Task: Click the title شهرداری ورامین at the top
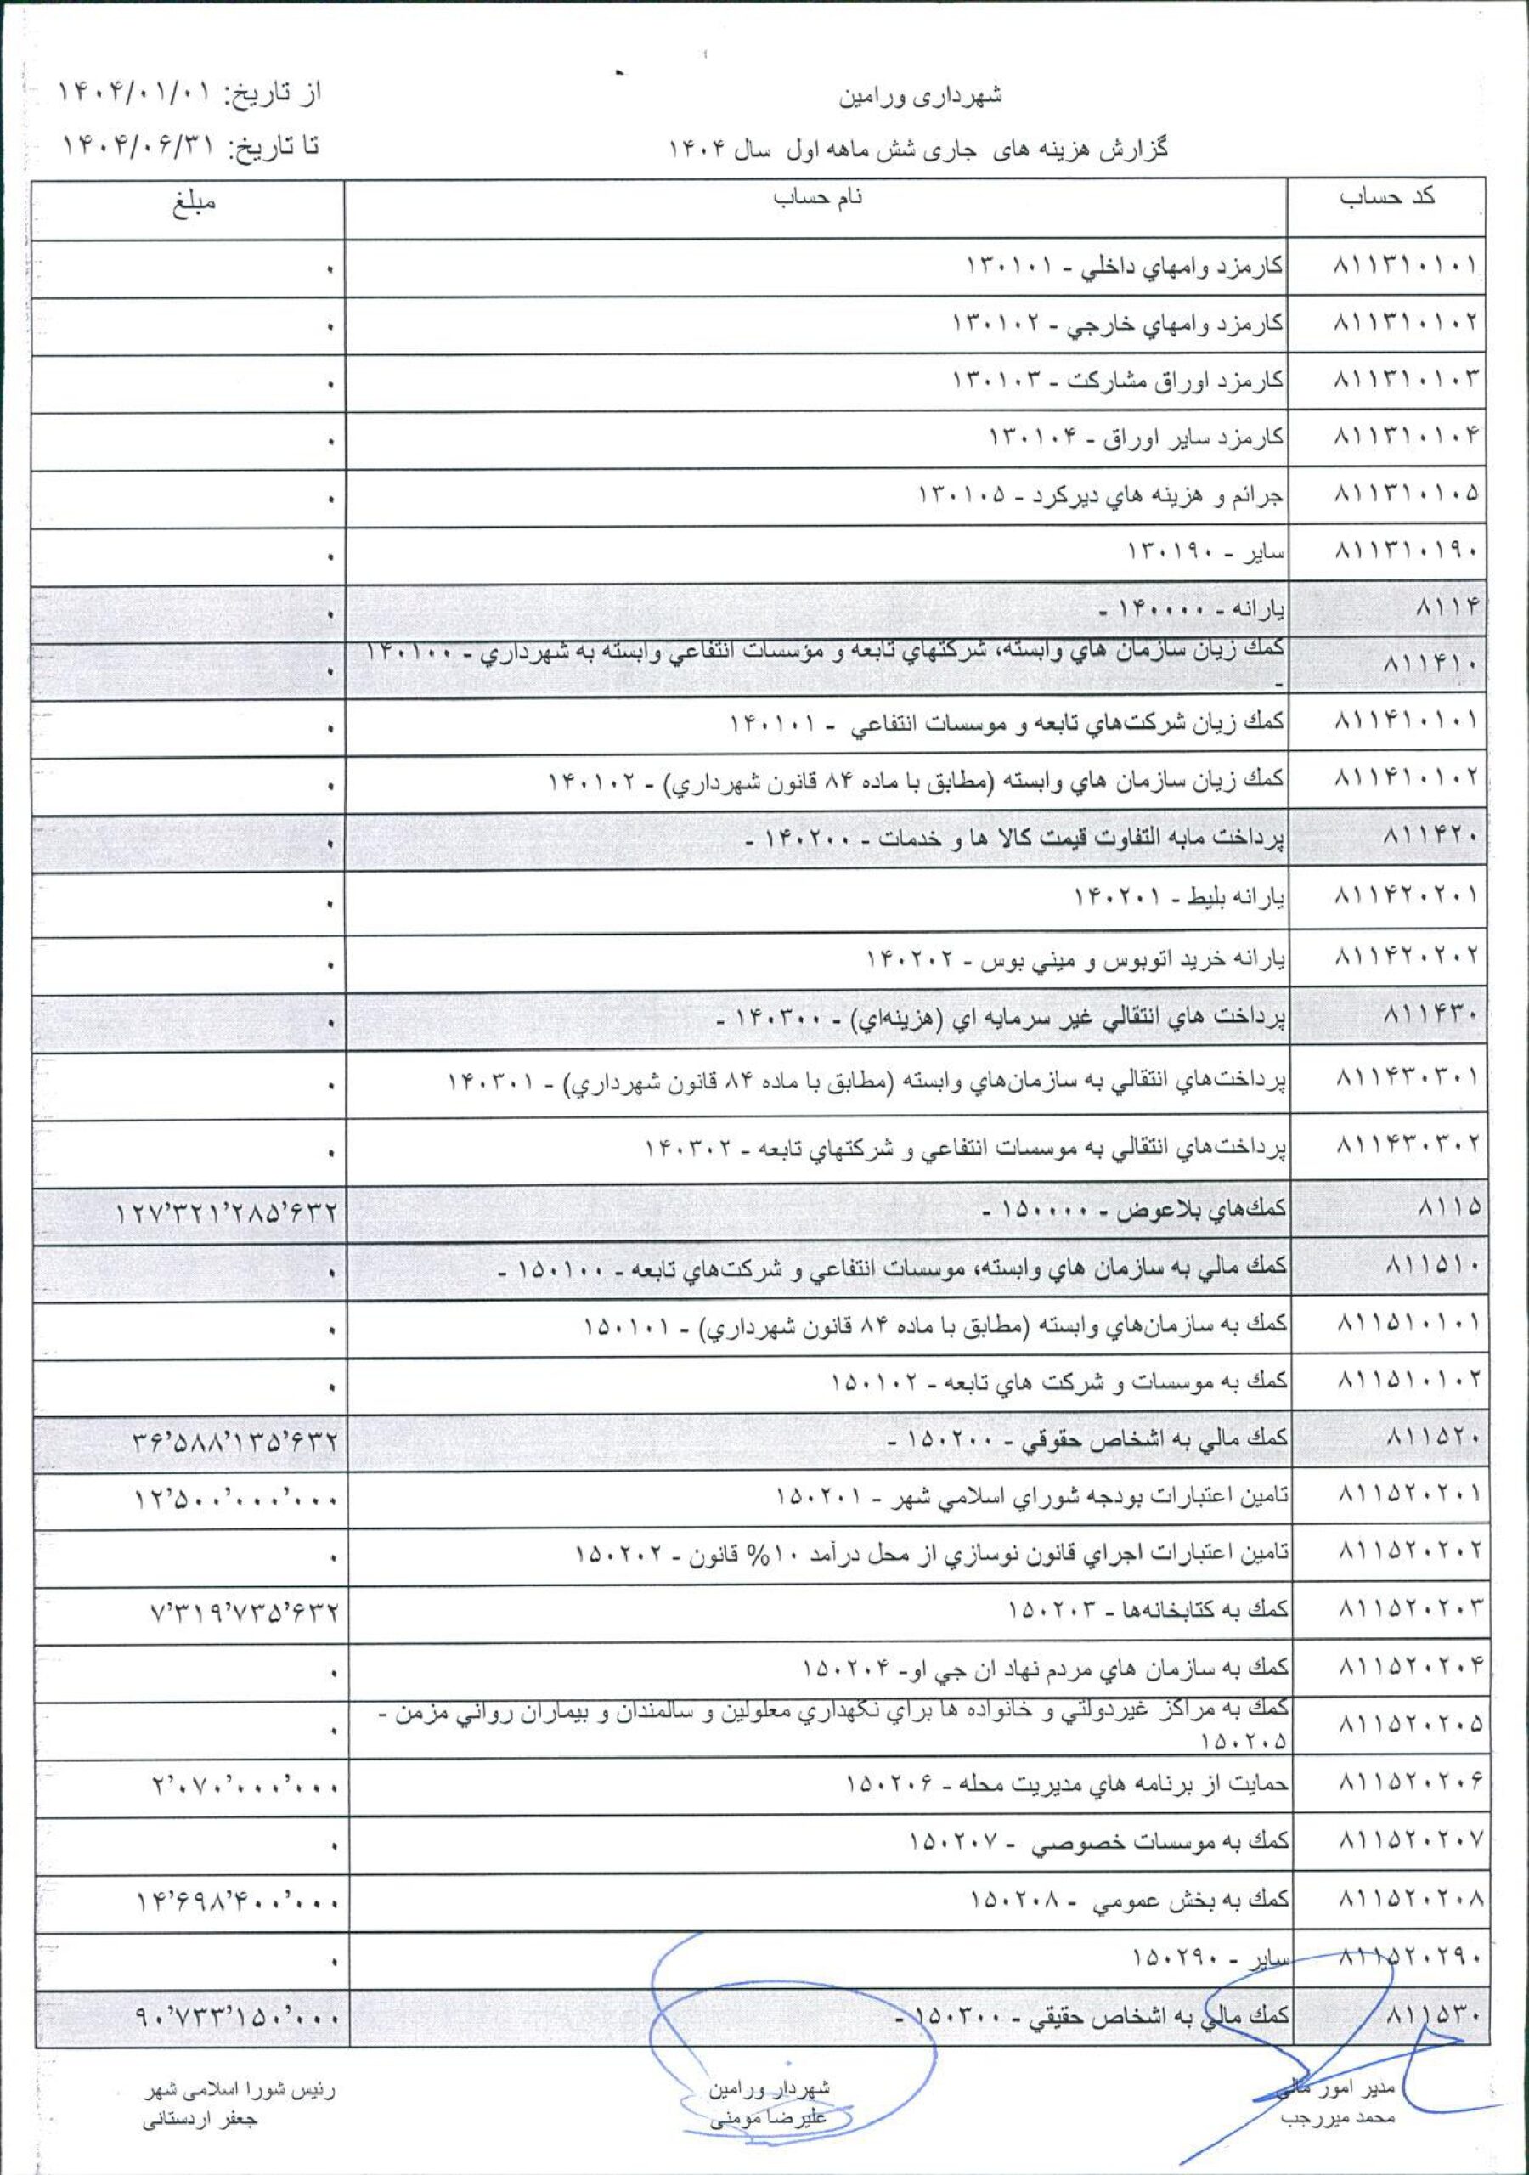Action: [x=921, y=97]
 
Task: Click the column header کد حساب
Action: [x=1399, y=199]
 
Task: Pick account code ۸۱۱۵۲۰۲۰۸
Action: [x=1407, y=1897]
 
